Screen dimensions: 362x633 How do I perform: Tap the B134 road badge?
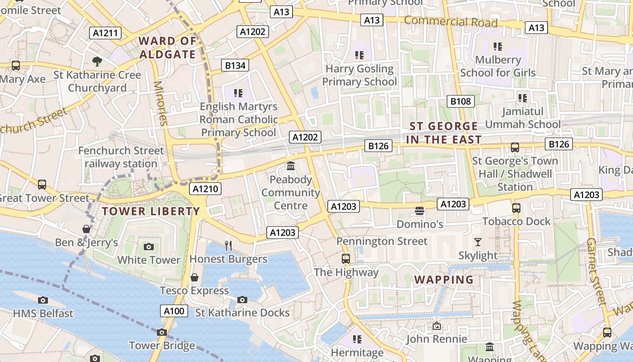236,66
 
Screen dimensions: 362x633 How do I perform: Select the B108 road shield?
461,101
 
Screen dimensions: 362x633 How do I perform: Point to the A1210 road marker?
206,189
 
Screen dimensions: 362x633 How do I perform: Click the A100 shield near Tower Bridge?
174,311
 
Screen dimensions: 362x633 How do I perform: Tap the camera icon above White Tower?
148,247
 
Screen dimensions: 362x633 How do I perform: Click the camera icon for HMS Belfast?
43,300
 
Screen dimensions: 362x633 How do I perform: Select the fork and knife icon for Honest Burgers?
228,246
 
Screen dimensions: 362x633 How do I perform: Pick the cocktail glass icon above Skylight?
478,242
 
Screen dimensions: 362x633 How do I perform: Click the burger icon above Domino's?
420,211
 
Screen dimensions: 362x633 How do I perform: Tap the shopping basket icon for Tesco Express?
194,277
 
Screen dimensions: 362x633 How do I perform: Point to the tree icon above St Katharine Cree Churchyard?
97,61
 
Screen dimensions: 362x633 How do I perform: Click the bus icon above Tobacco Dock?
516,208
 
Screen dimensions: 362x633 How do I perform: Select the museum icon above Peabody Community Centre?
291,166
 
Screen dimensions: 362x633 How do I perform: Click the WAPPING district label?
444,280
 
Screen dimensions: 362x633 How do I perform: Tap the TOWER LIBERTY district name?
151,211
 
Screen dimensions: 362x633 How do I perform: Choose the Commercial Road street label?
450,22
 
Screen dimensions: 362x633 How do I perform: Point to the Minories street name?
160,103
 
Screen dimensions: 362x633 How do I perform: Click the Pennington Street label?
382,241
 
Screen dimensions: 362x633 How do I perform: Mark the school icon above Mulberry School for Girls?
498,46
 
